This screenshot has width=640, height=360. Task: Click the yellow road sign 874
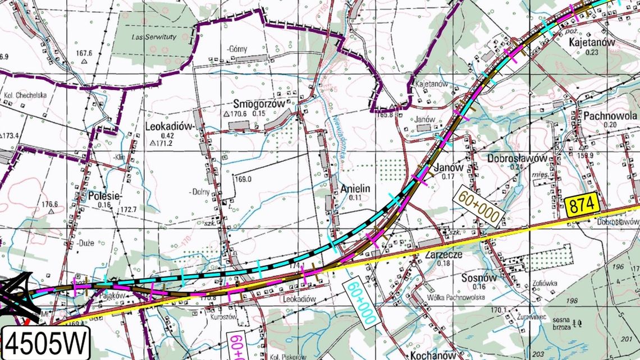(x=579, y=207)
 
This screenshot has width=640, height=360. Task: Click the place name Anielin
(x=355, y=189)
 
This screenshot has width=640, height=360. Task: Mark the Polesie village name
(x=105, y=196)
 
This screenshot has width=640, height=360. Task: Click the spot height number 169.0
(x=243, y=180)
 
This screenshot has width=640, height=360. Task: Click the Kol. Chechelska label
(x=25, y=94)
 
